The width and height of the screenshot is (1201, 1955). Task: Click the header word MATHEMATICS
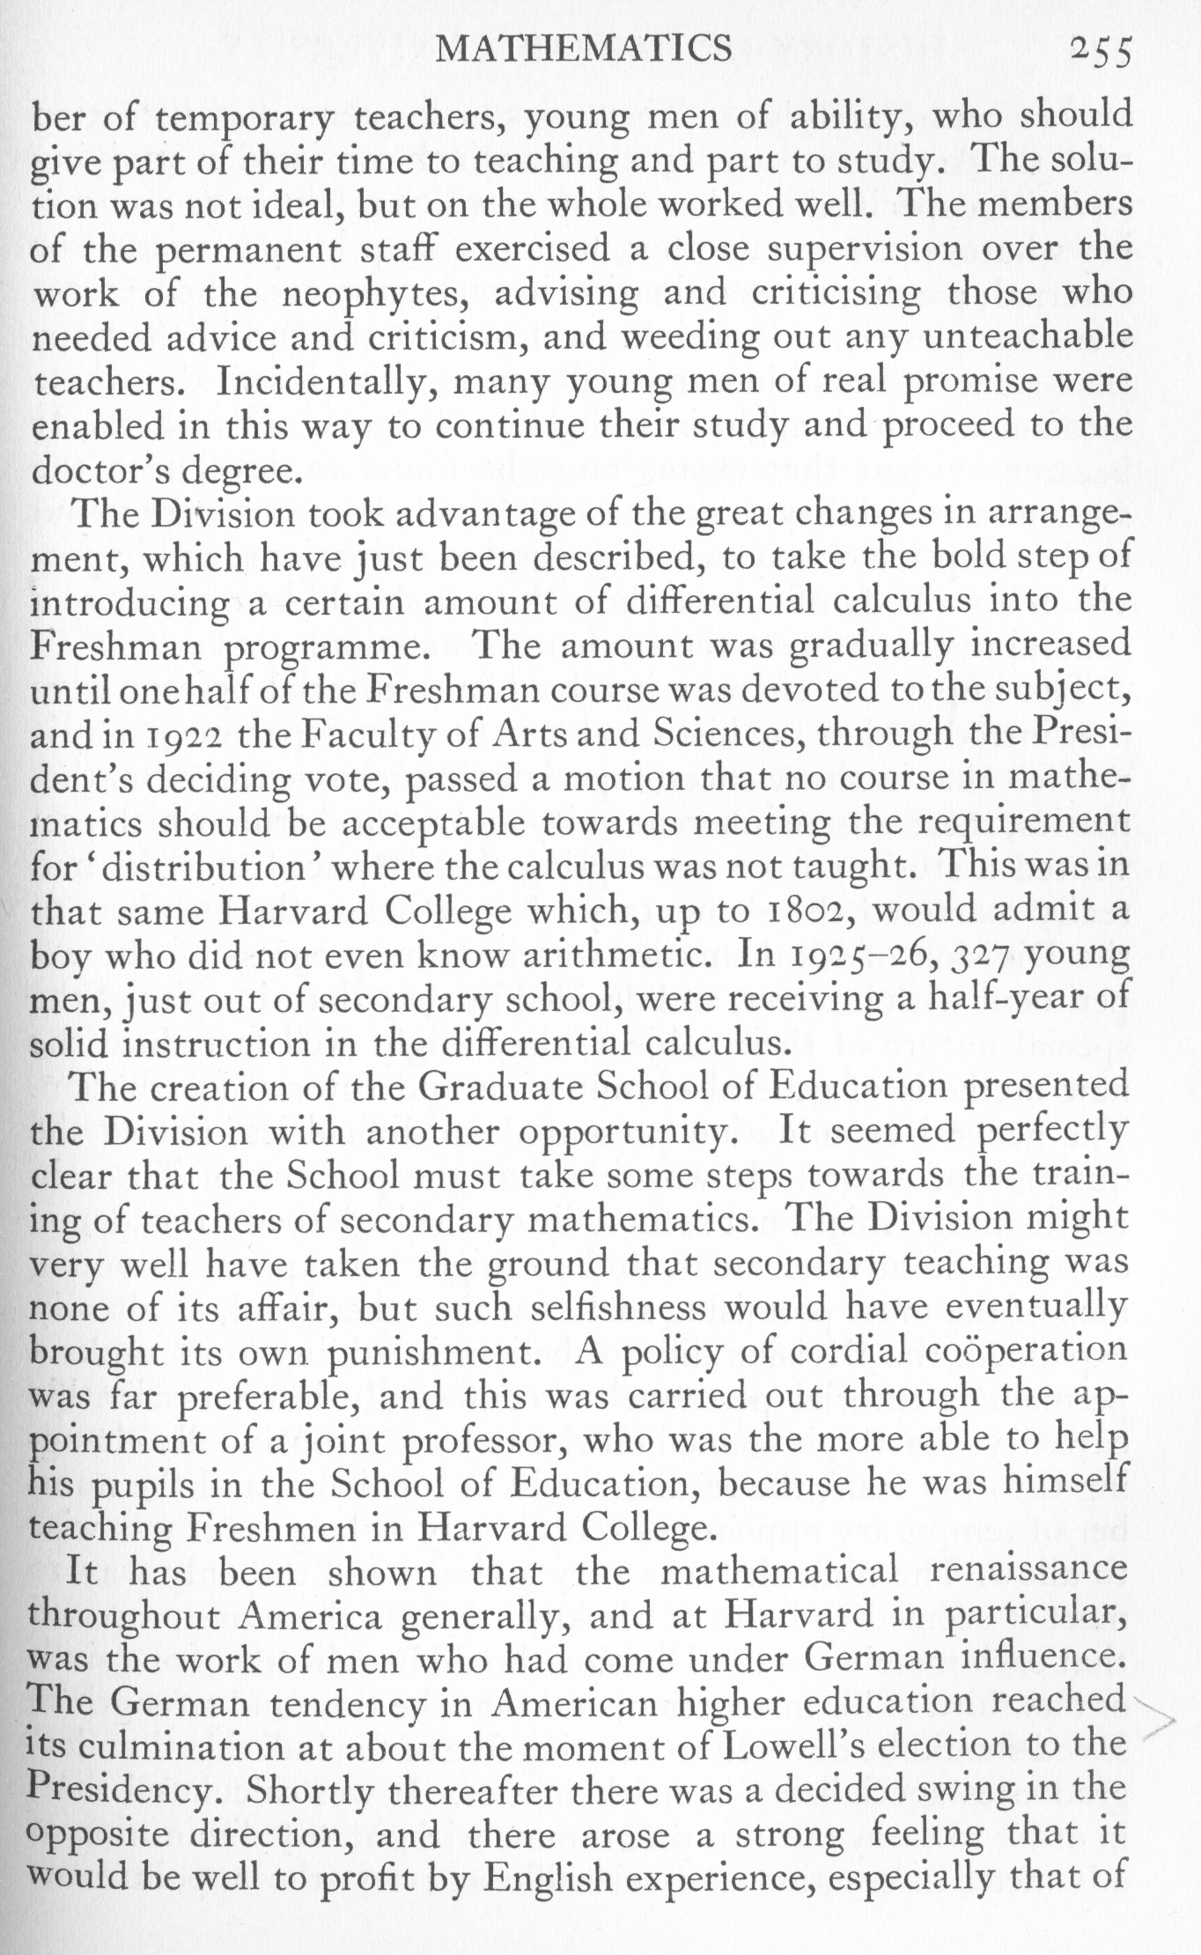click(x=584, y=48)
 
